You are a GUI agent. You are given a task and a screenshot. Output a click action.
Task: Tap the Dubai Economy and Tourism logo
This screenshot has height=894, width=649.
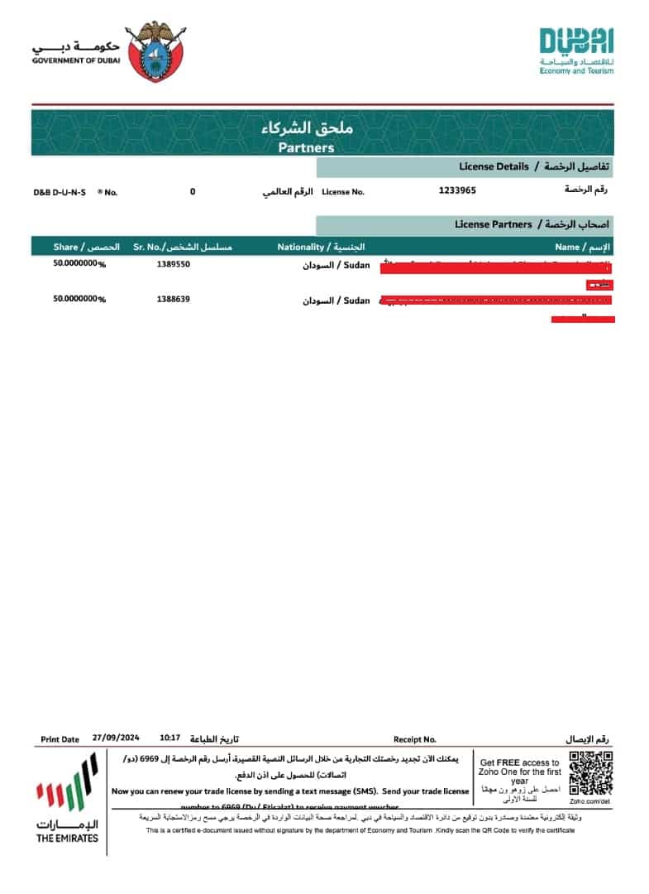[576, 50]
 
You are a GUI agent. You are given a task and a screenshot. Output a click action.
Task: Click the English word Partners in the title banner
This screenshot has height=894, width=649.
[306, 148]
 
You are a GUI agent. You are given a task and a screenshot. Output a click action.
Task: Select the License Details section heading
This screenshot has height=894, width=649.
[494, 166]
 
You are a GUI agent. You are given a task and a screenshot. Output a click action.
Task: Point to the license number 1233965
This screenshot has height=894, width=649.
[457, 190]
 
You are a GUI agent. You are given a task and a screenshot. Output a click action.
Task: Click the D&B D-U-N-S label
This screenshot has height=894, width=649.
[60, 192]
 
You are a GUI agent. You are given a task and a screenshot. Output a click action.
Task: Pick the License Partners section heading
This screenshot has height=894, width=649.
[494, 224]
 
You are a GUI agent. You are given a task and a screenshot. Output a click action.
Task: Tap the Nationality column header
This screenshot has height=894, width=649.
[301, 247]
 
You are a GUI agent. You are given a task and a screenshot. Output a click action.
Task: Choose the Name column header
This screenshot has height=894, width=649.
[567, 247]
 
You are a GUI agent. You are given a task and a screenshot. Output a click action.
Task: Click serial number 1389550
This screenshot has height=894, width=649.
[173, 265]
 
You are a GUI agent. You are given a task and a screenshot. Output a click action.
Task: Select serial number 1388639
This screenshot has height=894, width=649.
[173, 299]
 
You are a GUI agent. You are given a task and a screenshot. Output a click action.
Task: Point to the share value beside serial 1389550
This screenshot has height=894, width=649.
[79, 265]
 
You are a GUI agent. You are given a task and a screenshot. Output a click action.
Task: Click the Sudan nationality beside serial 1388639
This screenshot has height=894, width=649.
[356, 301]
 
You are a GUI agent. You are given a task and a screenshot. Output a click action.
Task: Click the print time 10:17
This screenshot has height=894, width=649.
[169, 738]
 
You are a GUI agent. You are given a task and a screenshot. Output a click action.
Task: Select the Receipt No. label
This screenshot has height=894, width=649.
[414, 739]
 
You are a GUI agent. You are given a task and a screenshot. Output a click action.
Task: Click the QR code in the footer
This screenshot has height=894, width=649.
[592, 772]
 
